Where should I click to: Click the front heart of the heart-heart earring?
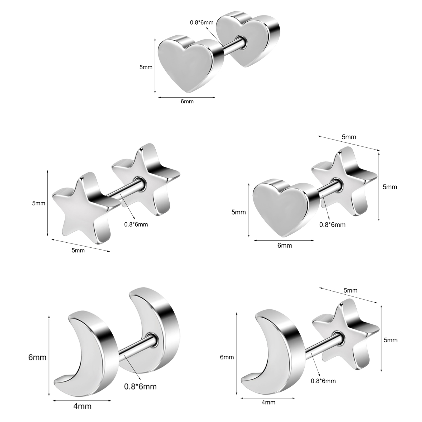pyautogui.click(x=190, y=65)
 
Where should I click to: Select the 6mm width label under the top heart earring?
pyautogui.click(x=187, y=102)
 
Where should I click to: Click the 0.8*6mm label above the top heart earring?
pyautogui.click(x=202, y=22)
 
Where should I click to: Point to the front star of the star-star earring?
pyautogui.click(x=84, y=207)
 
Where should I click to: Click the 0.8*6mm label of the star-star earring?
pyautogui.click(x=136, y=225)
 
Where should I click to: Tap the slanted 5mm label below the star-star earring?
pyautogui.click(x=78, y=250)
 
